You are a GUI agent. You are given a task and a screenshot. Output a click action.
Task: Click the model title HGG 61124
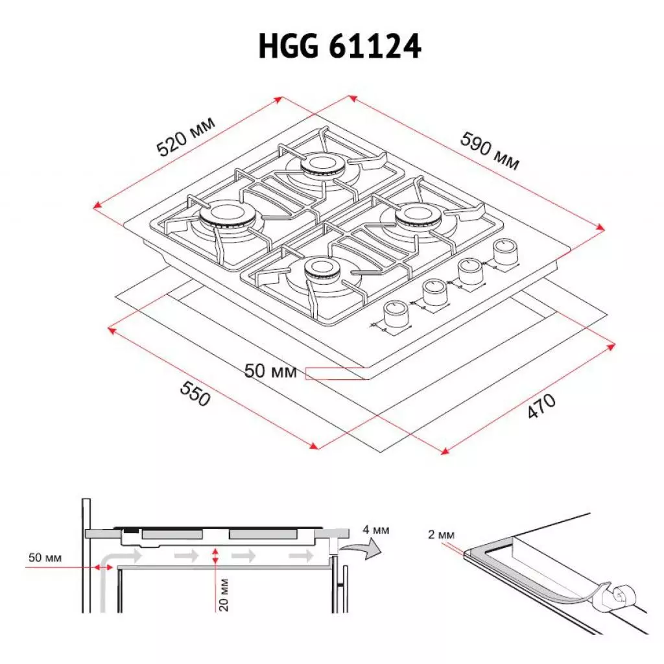click(x=340, y=48)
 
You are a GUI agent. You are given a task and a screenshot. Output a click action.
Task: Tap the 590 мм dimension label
click(x=490, y=150)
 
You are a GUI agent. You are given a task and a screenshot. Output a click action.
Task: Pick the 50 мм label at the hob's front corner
click(x=270, y=372)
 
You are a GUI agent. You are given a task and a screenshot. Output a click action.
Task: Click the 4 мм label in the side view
click(x=376, y=530)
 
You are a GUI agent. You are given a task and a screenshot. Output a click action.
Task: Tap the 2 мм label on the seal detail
click(x=442, y=535)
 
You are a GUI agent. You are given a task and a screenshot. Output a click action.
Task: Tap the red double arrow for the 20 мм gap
click(x=215, y=556)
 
